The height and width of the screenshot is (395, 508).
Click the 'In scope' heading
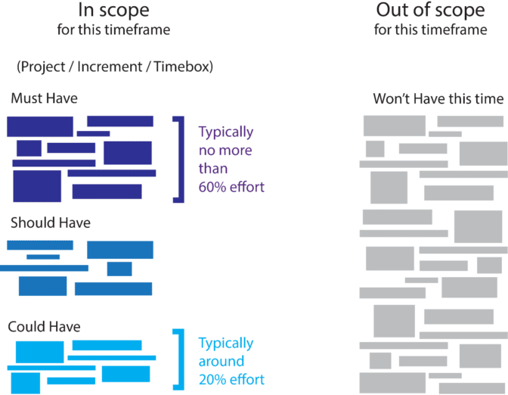point(113,11)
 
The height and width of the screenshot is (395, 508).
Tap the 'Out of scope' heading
point(430,11)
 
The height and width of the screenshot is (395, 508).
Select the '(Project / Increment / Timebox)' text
point(115,67)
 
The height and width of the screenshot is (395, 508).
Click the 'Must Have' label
point(45,98)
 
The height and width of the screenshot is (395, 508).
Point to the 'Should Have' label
point(51,222)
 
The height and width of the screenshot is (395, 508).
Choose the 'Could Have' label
point(44,327)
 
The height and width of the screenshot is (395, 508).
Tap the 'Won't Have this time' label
point(438,98)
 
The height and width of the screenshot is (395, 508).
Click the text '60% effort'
point(231,187)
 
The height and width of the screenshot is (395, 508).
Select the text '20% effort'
point(231,379)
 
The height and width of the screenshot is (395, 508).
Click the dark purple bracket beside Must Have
point(181,159)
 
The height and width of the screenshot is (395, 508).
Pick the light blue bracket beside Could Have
point(181,359)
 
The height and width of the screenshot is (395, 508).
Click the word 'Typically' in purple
point(226,132)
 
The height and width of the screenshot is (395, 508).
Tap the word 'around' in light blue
point(221,361)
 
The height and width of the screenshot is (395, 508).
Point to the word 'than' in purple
point(213,169)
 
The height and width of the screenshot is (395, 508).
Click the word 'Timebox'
point(181,67)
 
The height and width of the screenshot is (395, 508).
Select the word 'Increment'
point(110,67)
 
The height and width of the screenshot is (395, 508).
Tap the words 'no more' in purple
point(225,151)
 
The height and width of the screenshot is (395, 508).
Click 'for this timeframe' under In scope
point(113,30)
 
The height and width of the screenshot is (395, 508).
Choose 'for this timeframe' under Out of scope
point(431,30)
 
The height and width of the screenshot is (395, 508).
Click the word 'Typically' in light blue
point(226,344)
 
